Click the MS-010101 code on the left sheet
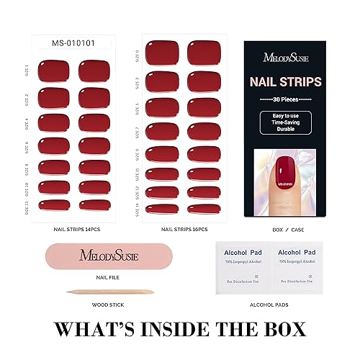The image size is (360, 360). (x=73, y=43)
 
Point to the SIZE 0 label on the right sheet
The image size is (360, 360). (x=137, y=53)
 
